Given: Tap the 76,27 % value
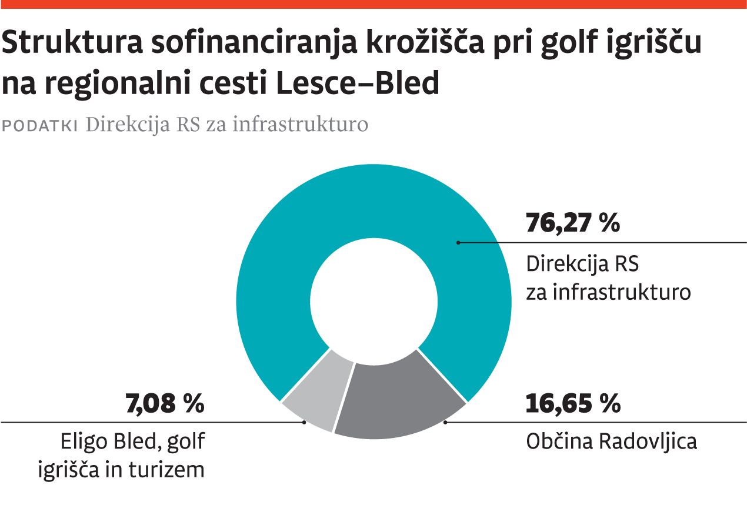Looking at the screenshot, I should point(572,224).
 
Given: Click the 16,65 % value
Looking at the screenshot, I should point(572,404).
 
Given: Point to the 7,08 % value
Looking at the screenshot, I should point(165,404).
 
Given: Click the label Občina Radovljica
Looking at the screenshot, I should point(611,441).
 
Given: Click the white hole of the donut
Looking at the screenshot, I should point(374,300).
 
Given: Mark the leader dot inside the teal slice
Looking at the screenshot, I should point(458,242).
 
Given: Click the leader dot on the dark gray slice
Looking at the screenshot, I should point(445,422).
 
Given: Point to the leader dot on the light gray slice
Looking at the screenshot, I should point(304,422).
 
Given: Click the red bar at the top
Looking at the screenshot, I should point(373,4).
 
